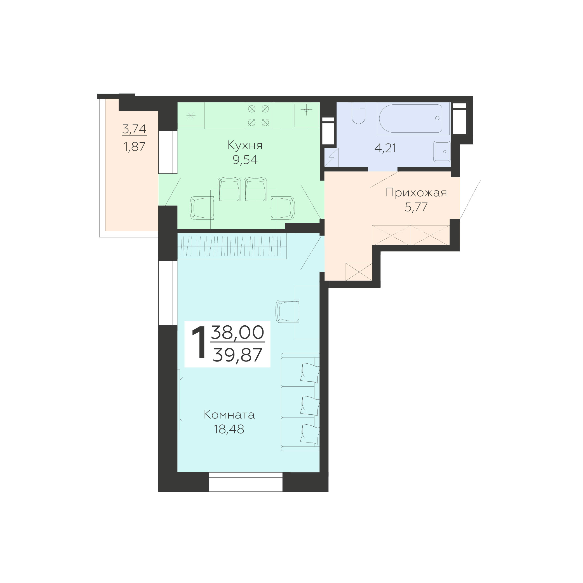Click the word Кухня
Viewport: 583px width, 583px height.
[245, 146]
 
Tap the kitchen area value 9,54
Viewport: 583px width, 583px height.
[245, 160]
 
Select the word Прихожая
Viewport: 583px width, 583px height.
[416, 193]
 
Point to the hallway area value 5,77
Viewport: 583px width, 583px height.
[416, 207]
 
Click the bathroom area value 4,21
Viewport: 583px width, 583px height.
[385, 148]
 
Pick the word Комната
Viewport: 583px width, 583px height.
[229, 415]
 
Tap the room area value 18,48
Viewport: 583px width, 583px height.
[229, 429]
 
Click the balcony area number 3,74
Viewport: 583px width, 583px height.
[135, 129]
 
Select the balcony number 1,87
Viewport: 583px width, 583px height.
[135, 147]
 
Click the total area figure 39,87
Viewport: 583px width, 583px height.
[238, 355]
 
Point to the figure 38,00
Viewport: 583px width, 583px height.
[238, 333]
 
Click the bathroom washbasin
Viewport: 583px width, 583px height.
[442, 151]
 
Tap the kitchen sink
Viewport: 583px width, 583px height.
[306, 115]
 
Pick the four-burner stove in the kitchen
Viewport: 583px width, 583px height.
[258, 116]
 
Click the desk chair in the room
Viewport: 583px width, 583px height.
[288, 311]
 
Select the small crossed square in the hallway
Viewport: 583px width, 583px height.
[358, 272]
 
